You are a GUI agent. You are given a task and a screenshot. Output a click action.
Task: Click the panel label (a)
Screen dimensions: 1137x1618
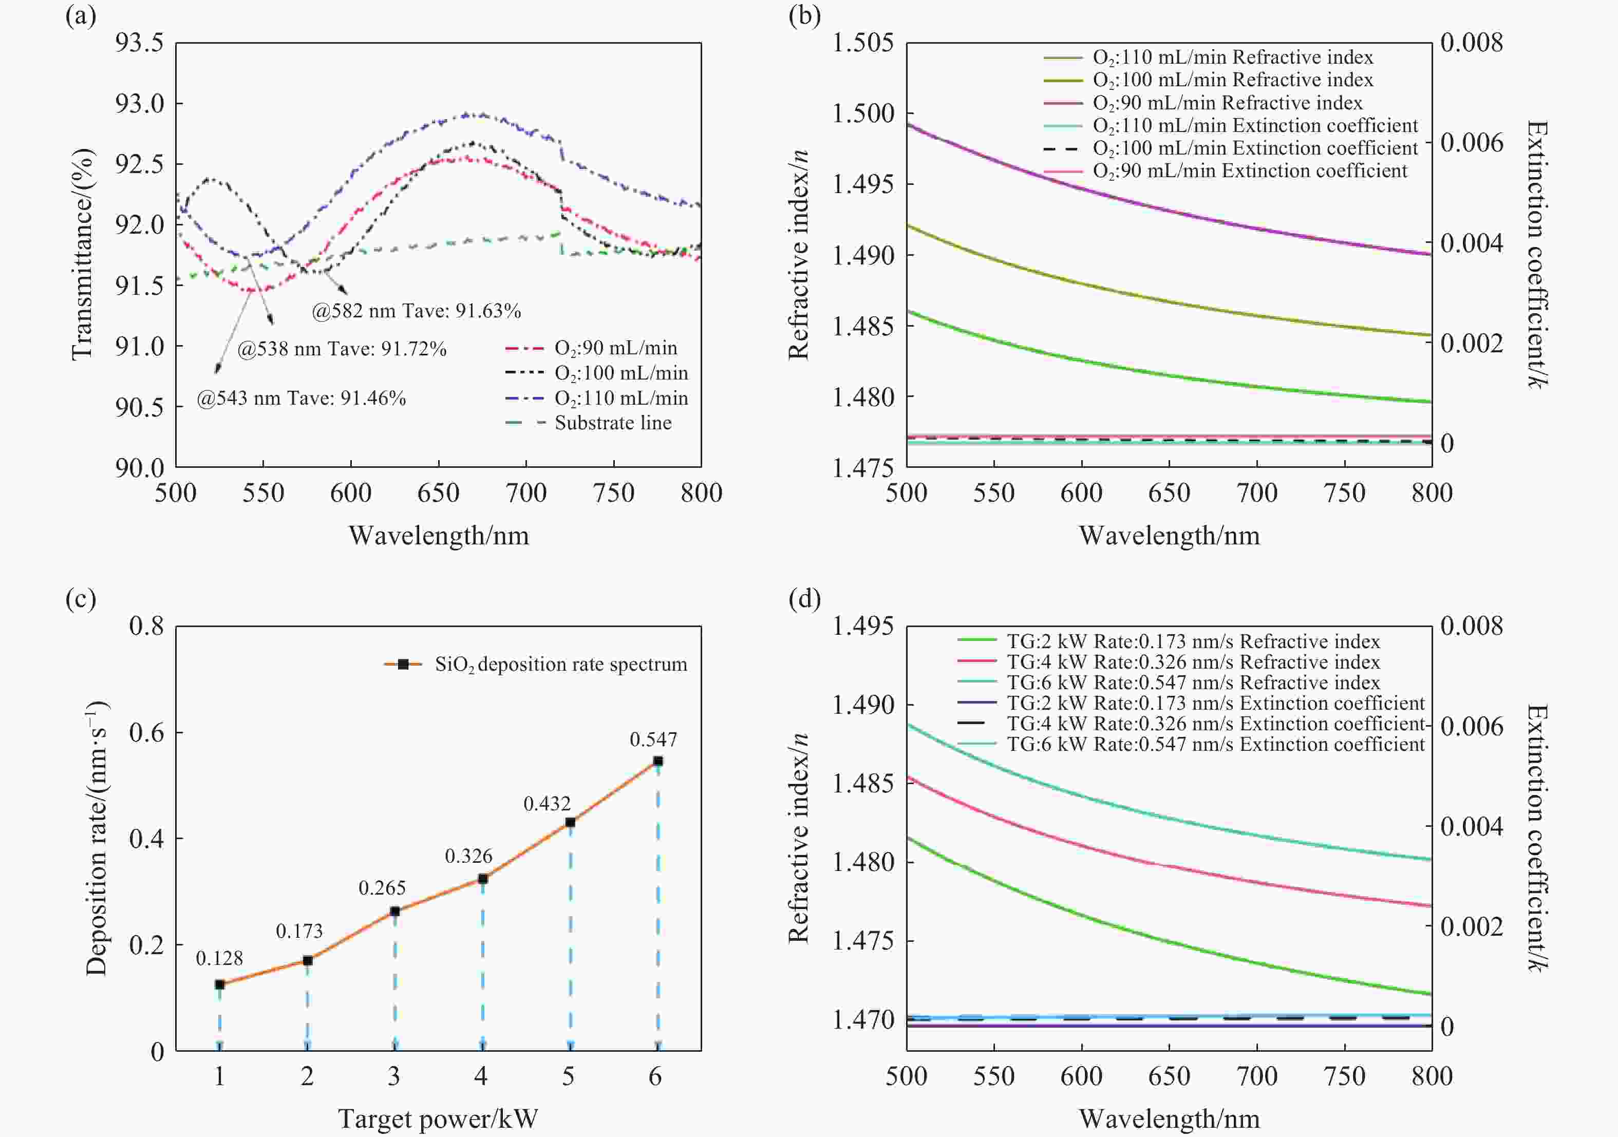pyautogui.click(x=80, y=15)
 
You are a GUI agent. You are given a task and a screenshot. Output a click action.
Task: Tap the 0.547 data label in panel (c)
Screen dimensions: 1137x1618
pyautogui.click(x=653, y=740)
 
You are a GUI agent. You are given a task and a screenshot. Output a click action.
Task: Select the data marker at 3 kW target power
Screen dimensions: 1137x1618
pyautogui.click(x=394, y=912)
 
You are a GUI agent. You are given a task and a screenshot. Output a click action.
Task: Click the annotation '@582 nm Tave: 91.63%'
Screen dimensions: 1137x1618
pyautogui.click(x=417, y=311)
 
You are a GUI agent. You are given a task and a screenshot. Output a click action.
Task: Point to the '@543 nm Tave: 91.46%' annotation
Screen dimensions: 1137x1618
pyautogui.click(x=302, y=399)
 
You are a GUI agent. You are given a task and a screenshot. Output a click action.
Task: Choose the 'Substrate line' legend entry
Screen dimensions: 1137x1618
pyautogui.click(x=612, y=423)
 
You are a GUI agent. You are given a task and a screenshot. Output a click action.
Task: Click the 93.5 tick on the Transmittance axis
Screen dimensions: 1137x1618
pyautogui.click(x=140, y=43)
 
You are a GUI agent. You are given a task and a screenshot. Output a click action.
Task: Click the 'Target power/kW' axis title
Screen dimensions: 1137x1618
pyautogui.click(x=438, y=1119)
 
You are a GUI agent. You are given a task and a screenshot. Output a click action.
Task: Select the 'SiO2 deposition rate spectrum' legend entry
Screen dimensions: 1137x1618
pyautogui.click(x=560, y=665)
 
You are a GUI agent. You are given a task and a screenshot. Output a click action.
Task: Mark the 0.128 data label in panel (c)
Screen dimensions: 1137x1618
pyautogui.click(x=219, y=959)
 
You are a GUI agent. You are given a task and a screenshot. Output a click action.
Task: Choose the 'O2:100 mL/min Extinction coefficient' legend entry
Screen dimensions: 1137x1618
pyautogui.click(x=1255, y=148)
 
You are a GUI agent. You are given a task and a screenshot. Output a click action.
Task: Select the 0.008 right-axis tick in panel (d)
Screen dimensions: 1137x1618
pyautogui.click(x=1472, y=626)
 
